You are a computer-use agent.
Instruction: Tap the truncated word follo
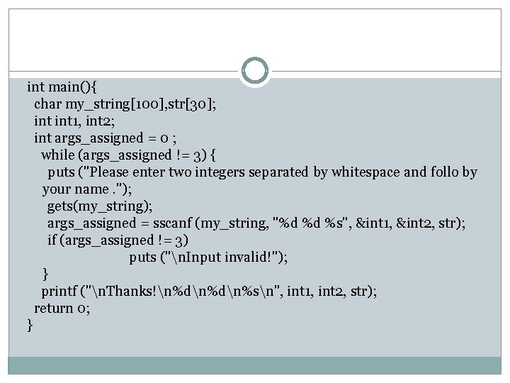[x=438, y=172]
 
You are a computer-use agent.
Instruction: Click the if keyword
[x=52, y=240]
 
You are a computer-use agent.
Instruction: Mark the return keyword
[x=55, y=308]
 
